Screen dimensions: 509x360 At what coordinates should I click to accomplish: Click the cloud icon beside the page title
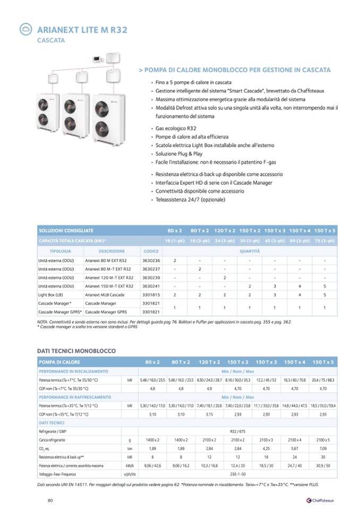(x=25, y=30)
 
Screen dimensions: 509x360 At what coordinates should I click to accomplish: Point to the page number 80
(x=50, y=500)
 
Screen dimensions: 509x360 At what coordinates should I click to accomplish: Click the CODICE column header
(x=151, y=251)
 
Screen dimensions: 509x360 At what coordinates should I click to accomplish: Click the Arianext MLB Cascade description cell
(x=106, y=294)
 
